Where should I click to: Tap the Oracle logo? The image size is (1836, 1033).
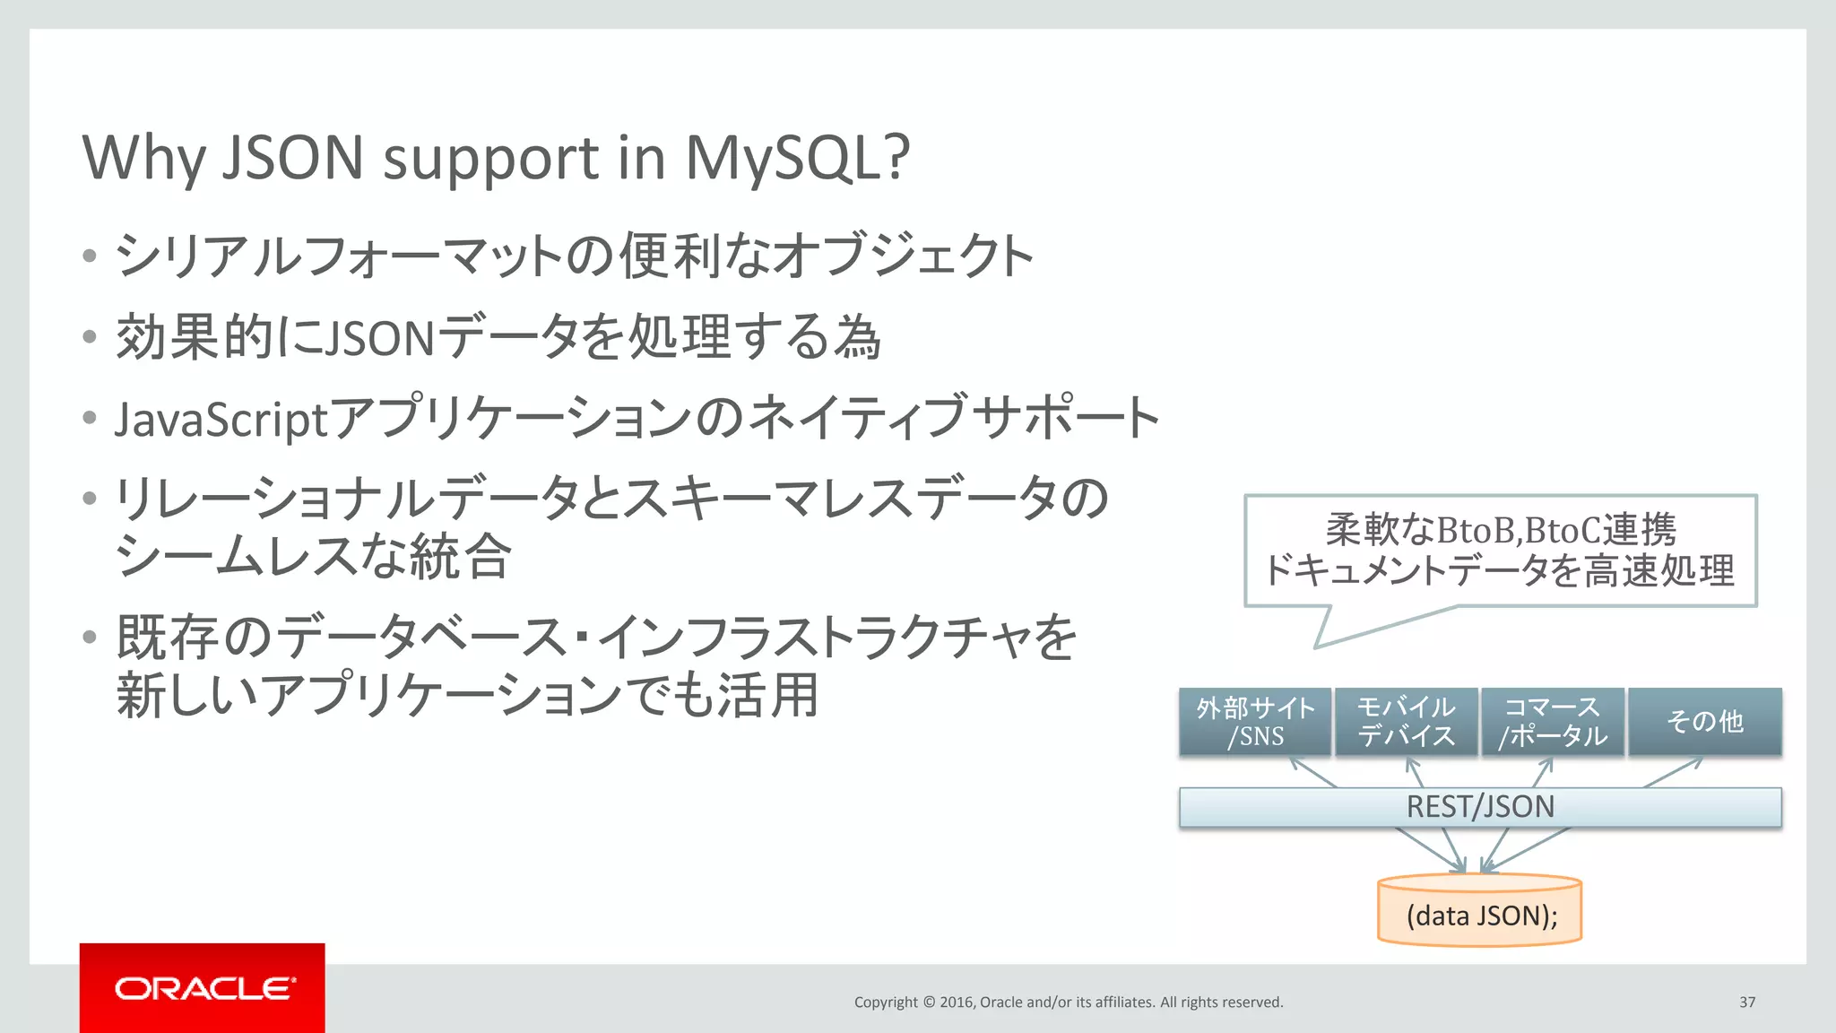point(203,988)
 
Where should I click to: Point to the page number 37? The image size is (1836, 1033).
point(1747,1002)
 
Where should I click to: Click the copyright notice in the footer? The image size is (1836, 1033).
point(1068,1002)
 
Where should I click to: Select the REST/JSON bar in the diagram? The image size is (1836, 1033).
point(1480,807)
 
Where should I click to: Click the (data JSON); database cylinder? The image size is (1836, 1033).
point(1480,913)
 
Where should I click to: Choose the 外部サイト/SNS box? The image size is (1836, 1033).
point(1255,722)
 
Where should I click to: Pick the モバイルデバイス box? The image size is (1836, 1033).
point(1406,722)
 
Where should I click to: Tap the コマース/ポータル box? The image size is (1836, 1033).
point(1553,722)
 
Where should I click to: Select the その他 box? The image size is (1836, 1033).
point(1705,722)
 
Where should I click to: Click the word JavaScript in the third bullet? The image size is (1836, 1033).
point(221,420)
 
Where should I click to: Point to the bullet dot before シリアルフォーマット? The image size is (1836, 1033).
point(89,256)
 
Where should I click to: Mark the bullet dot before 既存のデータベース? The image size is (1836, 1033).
point(89,638)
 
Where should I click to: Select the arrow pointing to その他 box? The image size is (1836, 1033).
point(1673,772)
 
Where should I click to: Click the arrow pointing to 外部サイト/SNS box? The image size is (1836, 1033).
point(1312,772)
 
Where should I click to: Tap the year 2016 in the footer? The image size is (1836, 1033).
point(957,1002)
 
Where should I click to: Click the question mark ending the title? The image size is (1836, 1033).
point(895,158)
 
